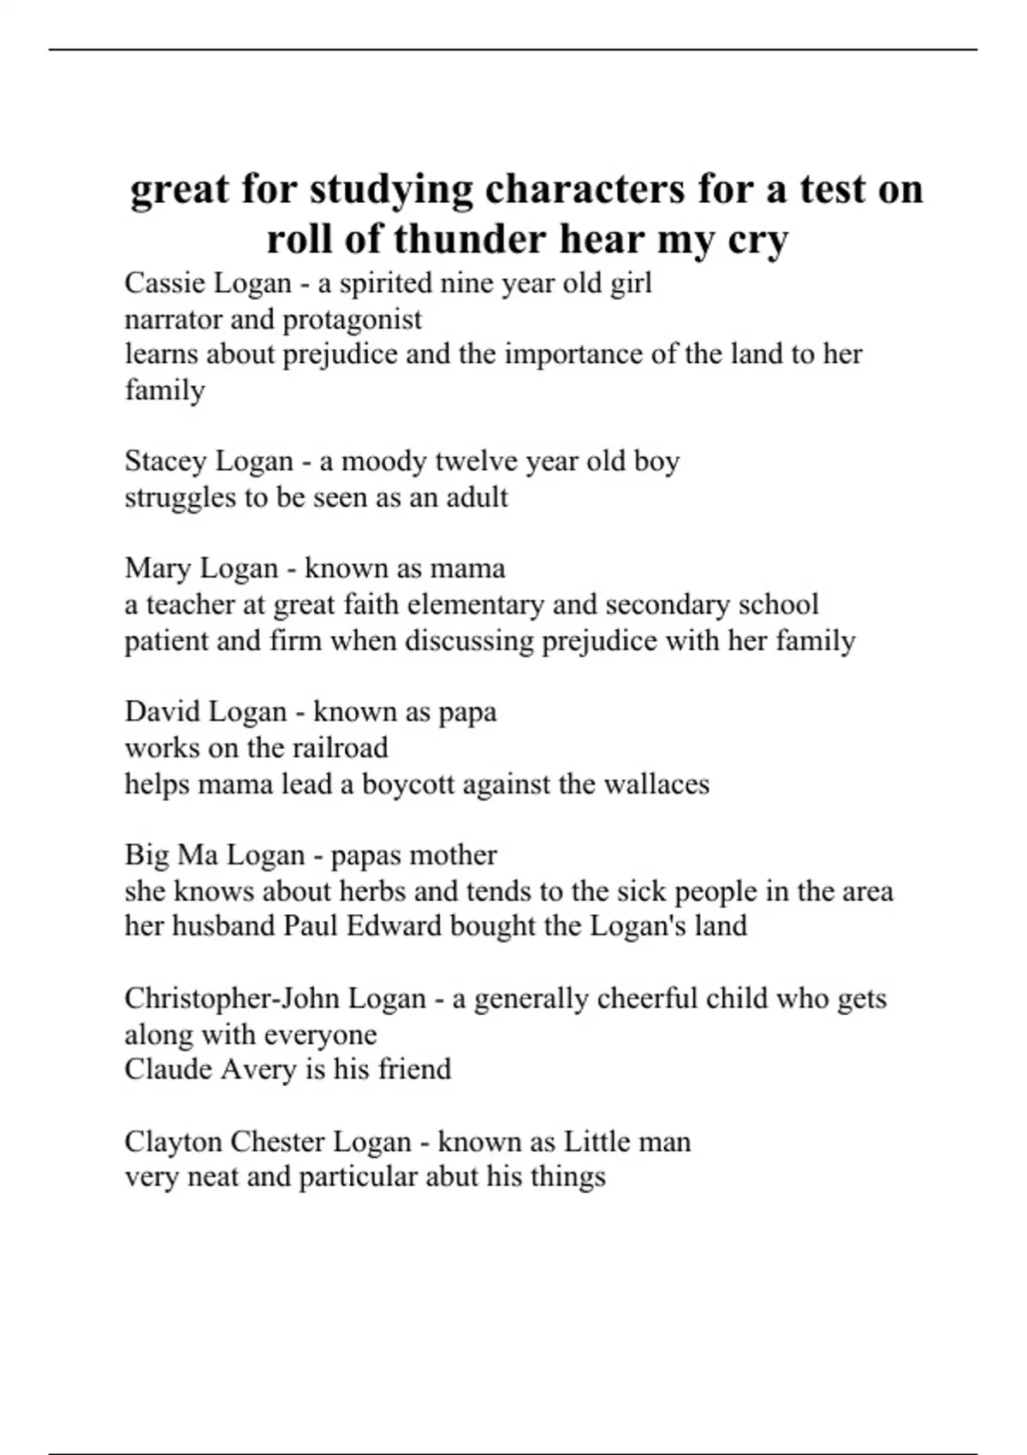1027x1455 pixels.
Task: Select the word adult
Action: click(x=477, y=497)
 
